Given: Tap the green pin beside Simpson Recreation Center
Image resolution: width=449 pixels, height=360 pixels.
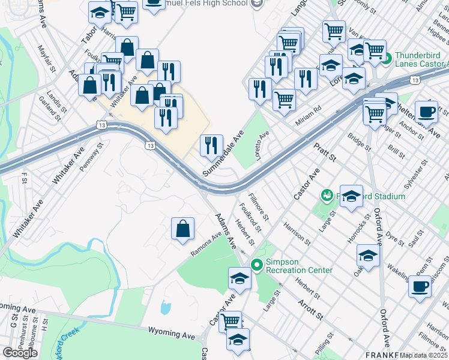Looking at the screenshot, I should (x=257, y=264).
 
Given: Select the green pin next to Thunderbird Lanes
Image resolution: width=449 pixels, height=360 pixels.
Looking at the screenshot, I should (x=387, y=59).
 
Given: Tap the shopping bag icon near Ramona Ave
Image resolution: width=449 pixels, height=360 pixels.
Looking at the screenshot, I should (x=183, y=229).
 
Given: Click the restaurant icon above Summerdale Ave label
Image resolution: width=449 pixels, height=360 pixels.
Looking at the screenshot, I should (x=211, y=145).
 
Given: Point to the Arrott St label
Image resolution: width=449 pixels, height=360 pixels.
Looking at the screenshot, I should (x=310, y=309).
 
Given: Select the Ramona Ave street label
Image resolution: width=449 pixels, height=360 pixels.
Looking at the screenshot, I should (x=206, y=245).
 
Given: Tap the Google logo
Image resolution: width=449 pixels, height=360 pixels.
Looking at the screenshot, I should (x=20, y=353).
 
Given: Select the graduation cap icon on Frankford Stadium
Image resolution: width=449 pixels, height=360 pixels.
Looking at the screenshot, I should (x=351, y=196).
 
